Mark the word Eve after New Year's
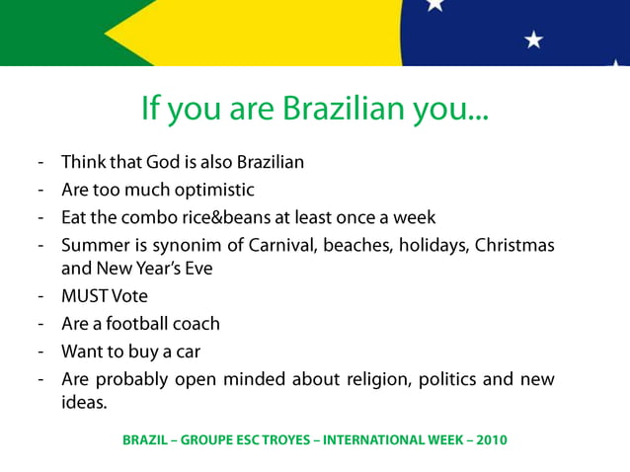(197, 268)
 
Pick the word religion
(371, 379)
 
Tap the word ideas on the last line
(82, 403)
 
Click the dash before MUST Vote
(40, 295)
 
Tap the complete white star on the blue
(534, 39)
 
